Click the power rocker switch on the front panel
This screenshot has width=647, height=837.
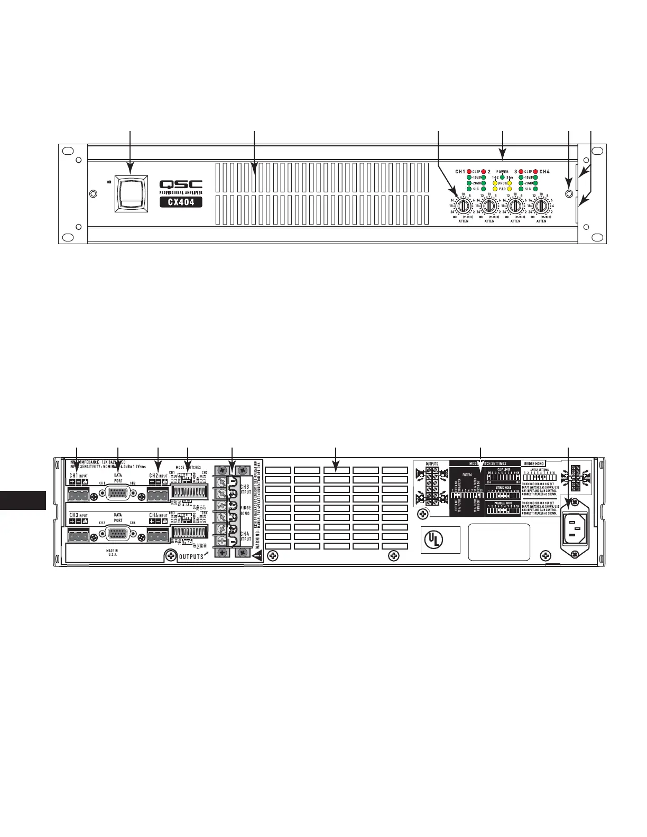coord(130,194)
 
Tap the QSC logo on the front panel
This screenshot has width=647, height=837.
coord(181,184)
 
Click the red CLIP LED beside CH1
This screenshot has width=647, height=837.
coord(469,172)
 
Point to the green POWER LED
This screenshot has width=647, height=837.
coord(502,178)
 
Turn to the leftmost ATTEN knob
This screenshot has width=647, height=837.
coord(463,206)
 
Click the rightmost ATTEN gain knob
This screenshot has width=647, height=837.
coord(541,206)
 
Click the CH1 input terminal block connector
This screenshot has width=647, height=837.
coord(78,496)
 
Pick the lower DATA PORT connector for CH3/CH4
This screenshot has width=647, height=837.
coord(118,534)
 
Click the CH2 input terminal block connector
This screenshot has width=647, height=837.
coord(158,496)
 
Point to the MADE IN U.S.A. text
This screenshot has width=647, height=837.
coord(112,553)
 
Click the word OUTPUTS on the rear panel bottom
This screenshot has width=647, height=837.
coord(190,557)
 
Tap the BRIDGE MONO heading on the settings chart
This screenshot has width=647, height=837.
coord(533,463)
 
